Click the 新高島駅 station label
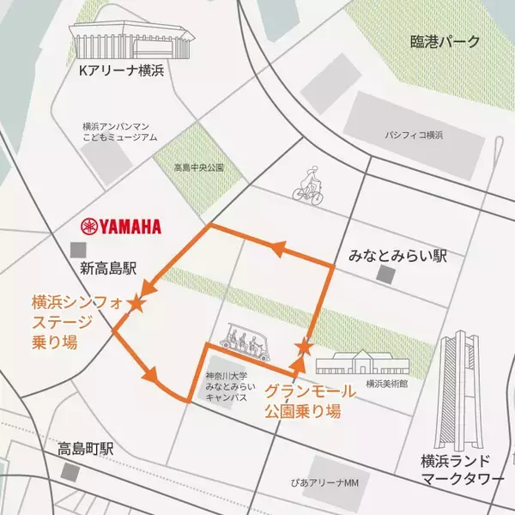point(111,269)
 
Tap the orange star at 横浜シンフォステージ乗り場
point(135,303)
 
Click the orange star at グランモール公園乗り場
point(303,347)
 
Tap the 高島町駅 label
point(86,448)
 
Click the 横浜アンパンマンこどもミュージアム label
point(119,130)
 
